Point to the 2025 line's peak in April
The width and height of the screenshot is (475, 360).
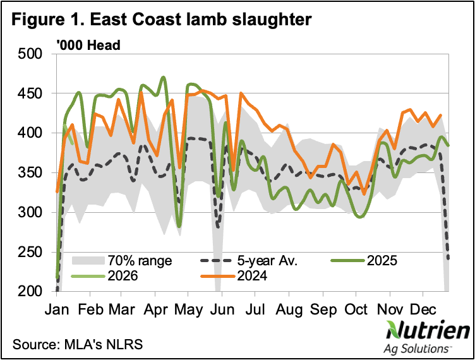(164, 77)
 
